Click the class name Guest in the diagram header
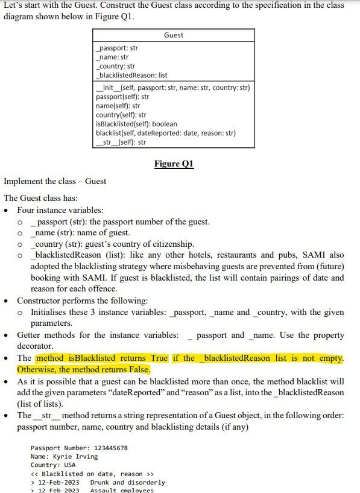coord(173,36)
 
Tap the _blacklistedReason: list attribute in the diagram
coord(132,75)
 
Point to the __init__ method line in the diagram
coord(172,88)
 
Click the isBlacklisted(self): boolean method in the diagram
coord(136,124)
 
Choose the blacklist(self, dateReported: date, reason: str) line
coord(165,133)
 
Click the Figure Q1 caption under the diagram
coord(174,164)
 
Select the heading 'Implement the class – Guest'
coord(55,181)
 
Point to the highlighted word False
coord(136,369)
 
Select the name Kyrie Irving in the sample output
coord(75,456)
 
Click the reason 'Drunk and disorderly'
coord(127,482)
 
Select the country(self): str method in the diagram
coord(121,115)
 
